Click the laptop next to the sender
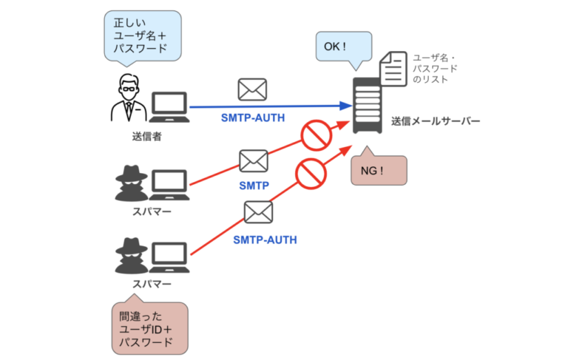[x=169, y=107]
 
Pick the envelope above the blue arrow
[x=252, y=90]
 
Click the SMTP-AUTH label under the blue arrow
[x=253, y=119]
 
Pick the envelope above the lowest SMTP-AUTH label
[x=259, y=212]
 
